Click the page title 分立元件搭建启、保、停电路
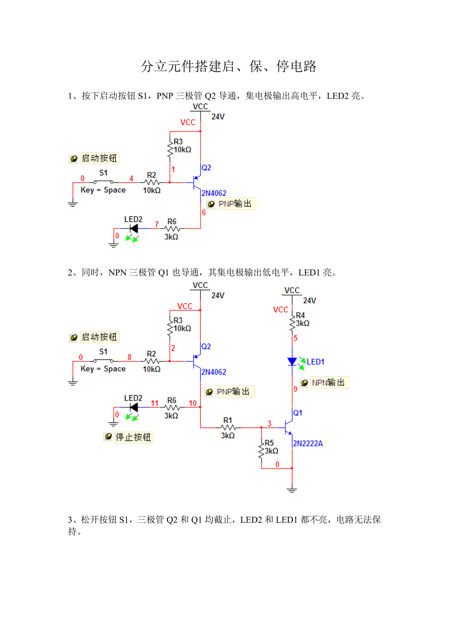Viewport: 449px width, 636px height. tap(229, 66)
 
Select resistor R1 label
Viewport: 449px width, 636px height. tap(228, 420)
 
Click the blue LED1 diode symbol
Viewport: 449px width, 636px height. tap(292, 361)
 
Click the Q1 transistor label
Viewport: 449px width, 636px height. tap(298, 413)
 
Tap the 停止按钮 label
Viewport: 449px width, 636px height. tap(133, 437)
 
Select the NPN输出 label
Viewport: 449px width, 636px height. tap(328, 382)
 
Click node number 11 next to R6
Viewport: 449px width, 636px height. tap(155, 403)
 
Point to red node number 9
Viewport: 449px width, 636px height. tap(295, 389)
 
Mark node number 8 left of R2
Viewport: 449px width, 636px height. tap(129, 357)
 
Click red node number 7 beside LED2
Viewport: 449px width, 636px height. tap(157, 224)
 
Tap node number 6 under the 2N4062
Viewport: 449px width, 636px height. tap(204, 212)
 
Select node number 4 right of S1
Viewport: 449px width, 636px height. tap(131, 178)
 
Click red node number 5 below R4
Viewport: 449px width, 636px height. tap(295, 338)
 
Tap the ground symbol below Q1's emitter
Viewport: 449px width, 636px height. tap(292, 489)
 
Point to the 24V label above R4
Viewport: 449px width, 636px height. tap(309, 300)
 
